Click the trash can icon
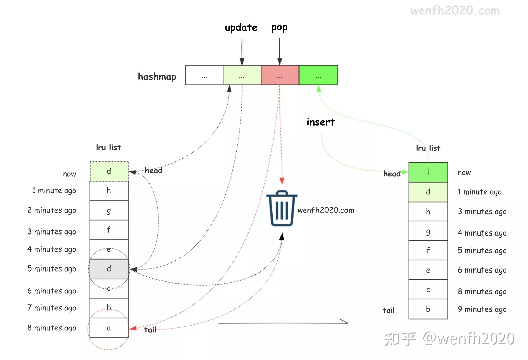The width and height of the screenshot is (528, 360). coord(282,209)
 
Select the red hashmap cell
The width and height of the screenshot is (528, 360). coord(280,75)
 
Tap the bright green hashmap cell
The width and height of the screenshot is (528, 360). coord(318,75)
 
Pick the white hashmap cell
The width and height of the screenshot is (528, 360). coord(204,75)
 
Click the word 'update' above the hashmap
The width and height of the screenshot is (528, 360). coord(241,28)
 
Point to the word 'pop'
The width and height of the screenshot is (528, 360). coord(279,28)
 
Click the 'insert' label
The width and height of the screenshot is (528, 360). coord(321,122)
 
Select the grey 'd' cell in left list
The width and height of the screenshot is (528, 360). coord(109,269)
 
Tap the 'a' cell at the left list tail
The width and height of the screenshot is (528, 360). coord(109,328)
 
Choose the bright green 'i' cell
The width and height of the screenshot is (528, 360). coord(428,172)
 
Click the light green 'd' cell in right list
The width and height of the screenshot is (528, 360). coord(428,192)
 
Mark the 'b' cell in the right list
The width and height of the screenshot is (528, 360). coord(428,309)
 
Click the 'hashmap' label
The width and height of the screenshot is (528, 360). coord(157,77)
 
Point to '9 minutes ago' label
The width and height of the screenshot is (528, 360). coord(482,309)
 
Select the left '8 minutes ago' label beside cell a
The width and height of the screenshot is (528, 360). coord(52,328)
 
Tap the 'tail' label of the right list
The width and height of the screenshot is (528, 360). coord(388,310)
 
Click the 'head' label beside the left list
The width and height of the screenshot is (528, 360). coord(154,171)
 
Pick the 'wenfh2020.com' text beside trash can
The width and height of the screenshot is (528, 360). coord(326,210)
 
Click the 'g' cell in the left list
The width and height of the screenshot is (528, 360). coord(109,211)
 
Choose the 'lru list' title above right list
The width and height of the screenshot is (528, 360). coord(428,148)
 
